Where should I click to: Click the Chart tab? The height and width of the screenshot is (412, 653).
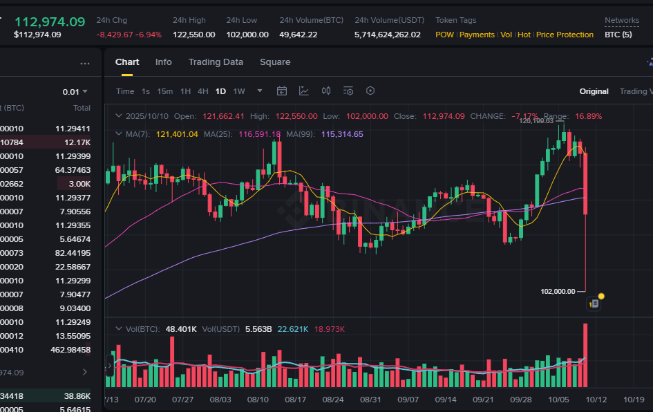[127, 62]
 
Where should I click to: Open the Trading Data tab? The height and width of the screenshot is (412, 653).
[216, 62]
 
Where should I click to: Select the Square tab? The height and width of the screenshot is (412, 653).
[275, 62]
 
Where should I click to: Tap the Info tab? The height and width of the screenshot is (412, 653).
[164, 62]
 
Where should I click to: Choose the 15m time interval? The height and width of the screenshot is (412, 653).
[164, 91]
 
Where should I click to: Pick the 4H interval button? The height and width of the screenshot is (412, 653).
[202, 91]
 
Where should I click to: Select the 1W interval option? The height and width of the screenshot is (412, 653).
[239, 91]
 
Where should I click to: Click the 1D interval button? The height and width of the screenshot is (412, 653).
[220, 91]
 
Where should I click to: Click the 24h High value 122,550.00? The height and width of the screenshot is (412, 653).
[193, 35]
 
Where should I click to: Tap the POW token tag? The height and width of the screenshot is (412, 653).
[444, 35]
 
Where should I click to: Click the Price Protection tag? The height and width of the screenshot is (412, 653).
[565, 35]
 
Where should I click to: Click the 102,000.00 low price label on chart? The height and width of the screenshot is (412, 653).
[558, 291]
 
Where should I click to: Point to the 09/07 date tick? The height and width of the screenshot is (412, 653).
[408, 400]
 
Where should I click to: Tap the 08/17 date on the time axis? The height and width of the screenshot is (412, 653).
[295, 400]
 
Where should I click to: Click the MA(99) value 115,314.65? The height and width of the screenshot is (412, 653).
[342, 134]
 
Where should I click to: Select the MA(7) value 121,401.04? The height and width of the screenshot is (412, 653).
[177, 134]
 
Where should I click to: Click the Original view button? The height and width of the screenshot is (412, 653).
[594, 91]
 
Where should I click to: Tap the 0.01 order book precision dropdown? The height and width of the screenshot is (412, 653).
[75, 91]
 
